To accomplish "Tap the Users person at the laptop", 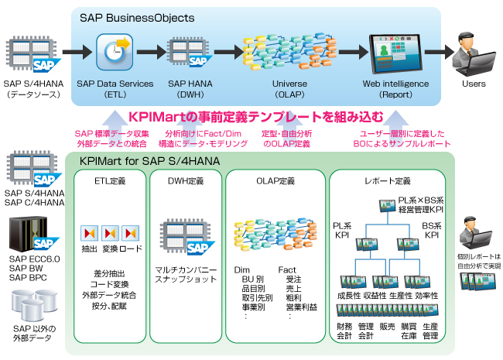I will pyautogui.click(x=474, y=52).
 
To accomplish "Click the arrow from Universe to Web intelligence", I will pyautogui.click(x=341, y=53).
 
